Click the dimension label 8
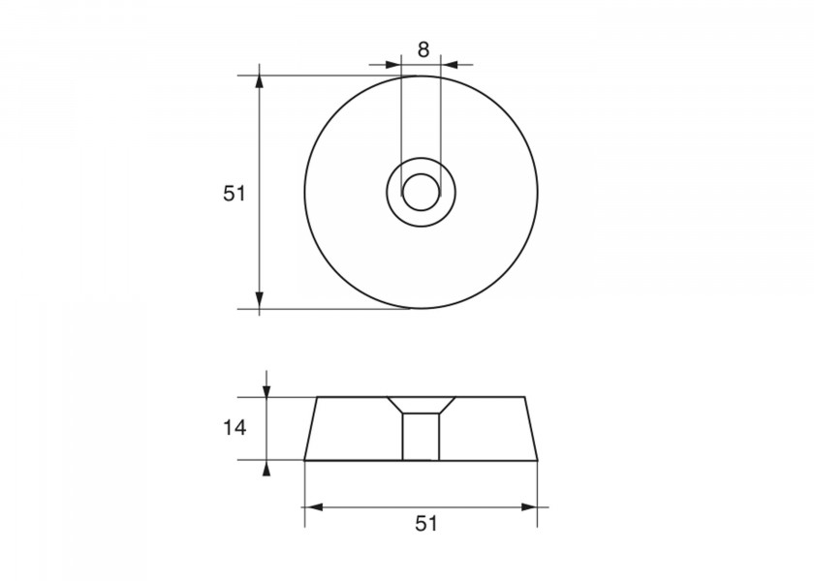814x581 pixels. pyautogui.click(x=423, y=49)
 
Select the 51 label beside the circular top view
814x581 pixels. pyautogui.click(x=234, y=194)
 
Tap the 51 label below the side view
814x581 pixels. pyautogui.click(x=426, y=524)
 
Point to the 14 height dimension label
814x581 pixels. pyautogui.click(x=234, y=427)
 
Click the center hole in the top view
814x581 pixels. pyautogui.click(x=421, y=192)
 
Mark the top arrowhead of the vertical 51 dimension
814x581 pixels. pyautogui.click(x=260, y=82)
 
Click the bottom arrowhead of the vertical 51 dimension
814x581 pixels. pyautogui.click(x=260, y=301)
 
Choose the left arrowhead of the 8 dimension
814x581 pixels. pyautogui.click(x=393, y=65)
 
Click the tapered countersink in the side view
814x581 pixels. pyautogui.click(x=421, y=405)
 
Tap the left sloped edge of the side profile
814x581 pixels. pyautogui.click(x=311, y=428)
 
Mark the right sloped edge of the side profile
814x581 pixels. pyautogui.click(x=530, y=428)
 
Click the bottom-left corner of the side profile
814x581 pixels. pyautogui.click(x=304, y=459)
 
